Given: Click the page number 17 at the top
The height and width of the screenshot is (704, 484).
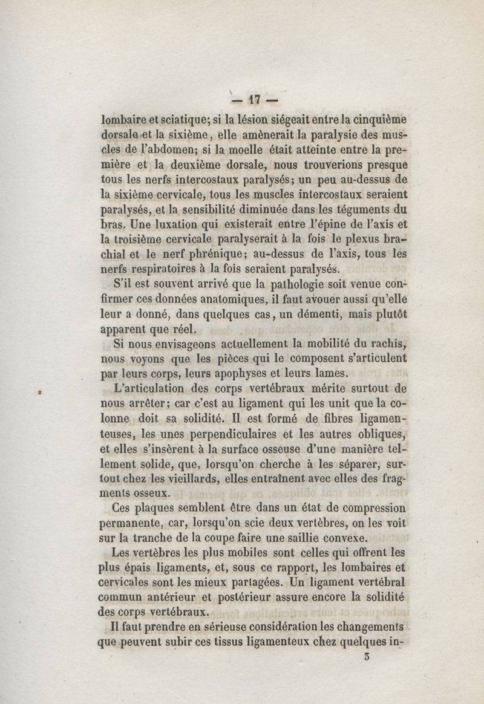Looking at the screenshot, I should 249,98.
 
